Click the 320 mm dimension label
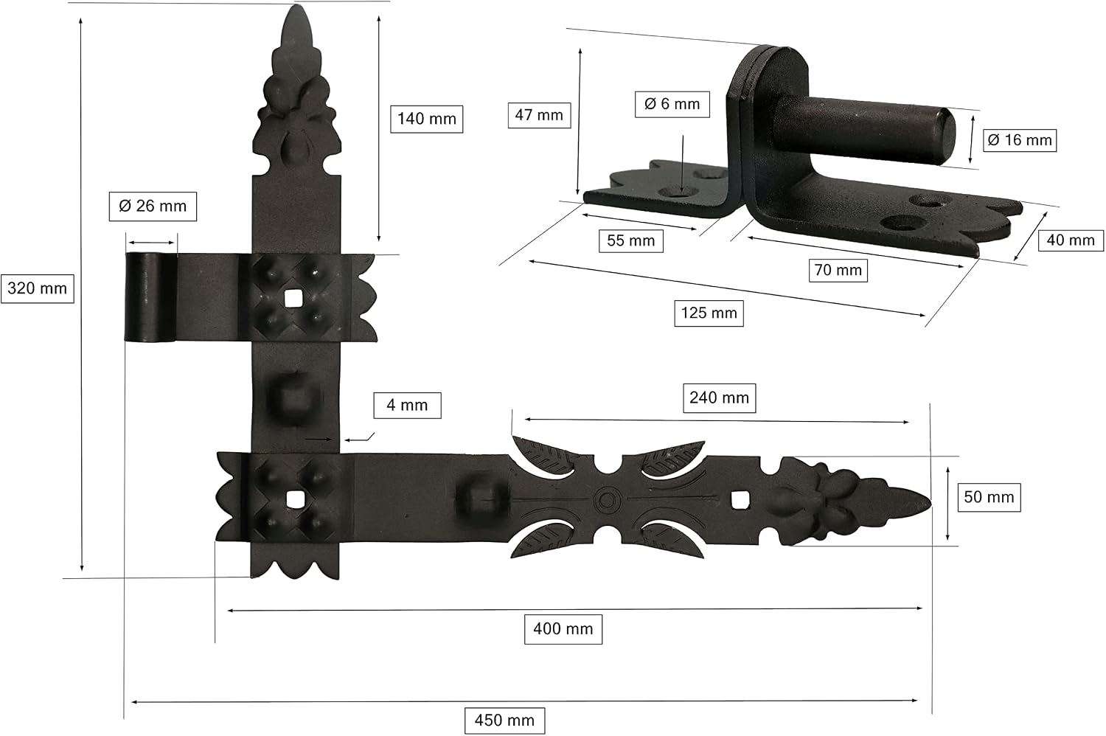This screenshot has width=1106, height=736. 38,288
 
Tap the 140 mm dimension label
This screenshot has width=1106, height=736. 427,119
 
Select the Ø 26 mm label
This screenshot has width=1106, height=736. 153,206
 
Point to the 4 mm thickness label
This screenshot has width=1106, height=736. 407,406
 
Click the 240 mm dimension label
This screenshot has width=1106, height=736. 720,397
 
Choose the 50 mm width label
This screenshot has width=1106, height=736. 989,497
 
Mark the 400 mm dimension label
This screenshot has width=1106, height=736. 563,629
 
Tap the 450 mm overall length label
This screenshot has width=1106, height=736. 504,721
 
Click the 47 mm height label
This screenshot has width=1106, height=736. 539,115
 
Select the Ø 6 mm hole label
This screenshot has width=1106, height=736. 672,104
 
